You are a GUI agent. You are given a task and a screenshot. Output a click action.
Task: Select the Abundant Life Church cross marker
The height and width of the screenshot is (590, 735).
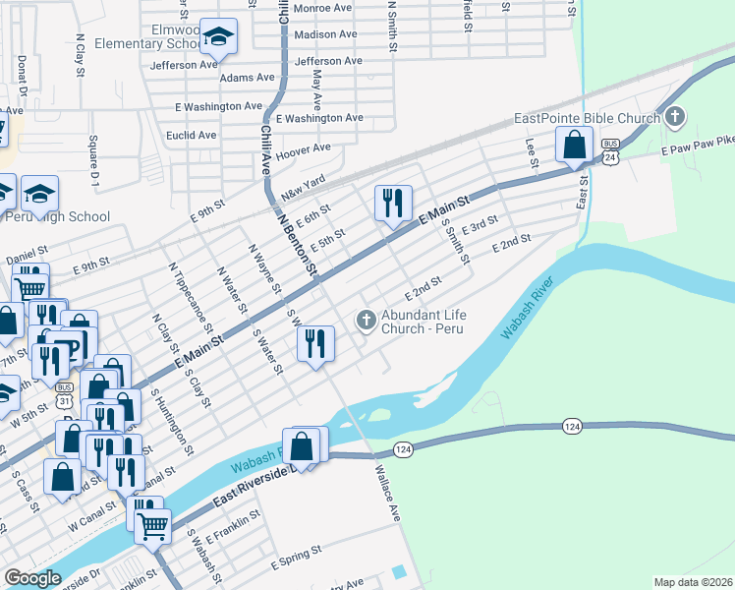(x=367, y=319)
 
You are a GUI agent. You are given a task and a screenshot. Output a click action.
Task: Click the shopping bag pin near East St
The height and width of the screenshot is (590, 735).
(x=574, y=146)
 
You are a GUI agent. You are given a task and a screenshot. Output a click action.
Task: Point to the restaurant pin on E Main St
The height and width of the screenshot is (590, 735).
(x=393, y=204)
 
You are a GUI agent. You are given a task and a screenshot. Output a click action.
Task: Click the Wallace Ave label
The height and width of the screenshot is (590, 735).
(x=386, y=495)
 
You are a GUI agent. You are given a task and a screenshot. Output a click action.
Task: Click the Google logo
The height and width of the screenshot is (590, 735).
(x=32, y=578)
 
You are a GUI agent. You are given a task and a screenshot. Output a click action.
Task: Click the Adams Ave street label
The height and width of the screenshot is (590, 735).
(x=248, y=77)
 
